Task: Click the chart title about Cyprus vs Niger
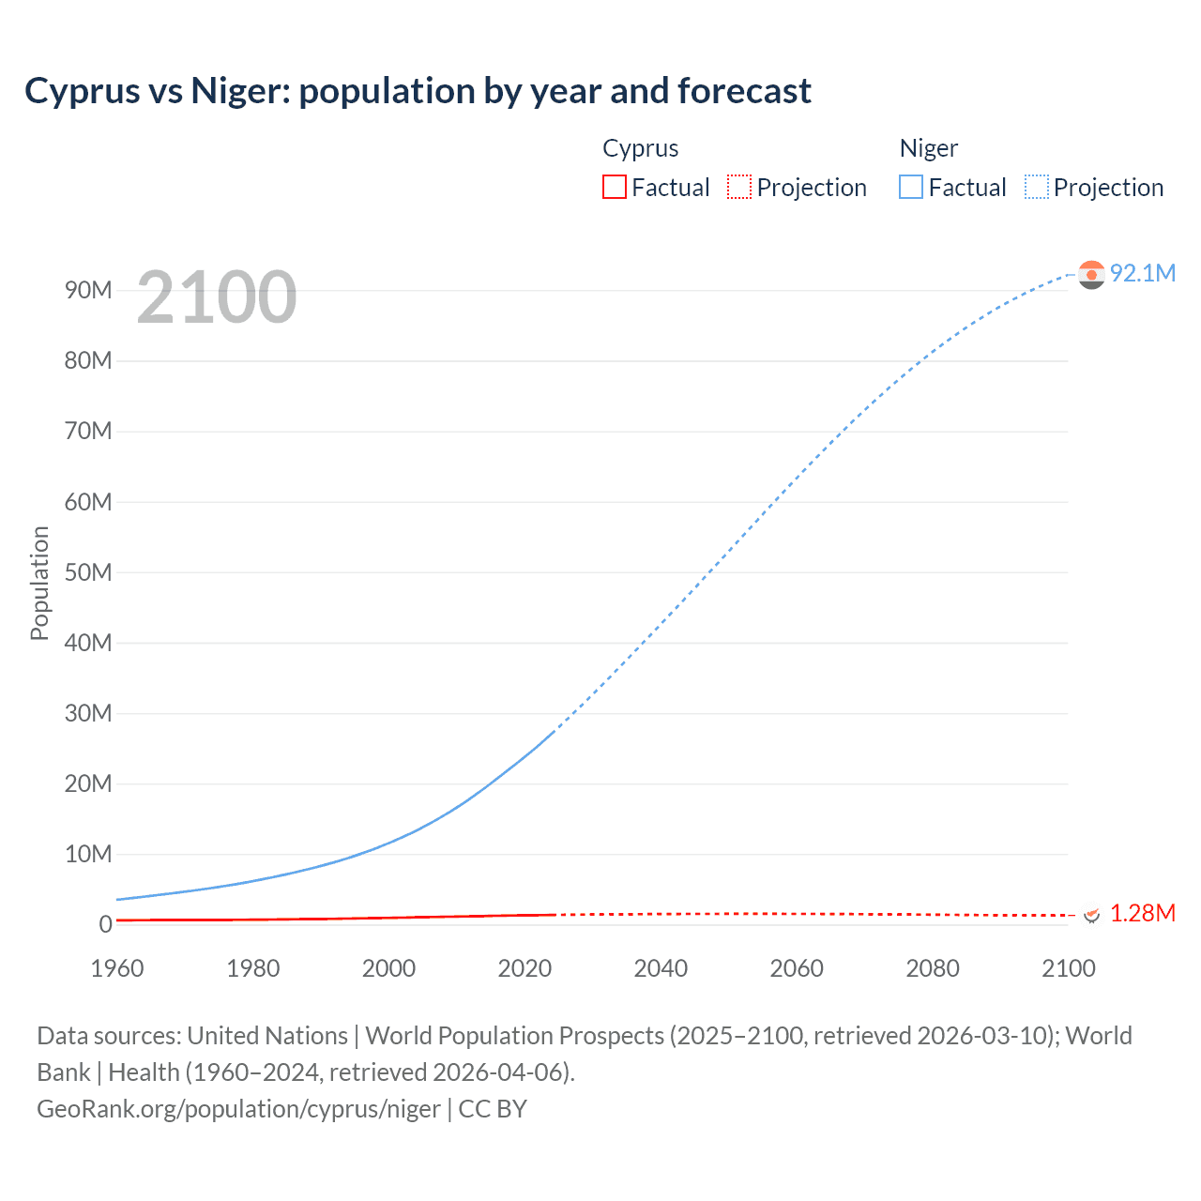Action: pos(418,91)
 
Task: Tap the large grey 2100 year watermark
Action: pos(217,297)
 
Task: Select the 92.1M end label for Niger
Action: pos(1142,273)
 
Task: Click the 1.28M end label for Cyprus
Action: pos(1142,913)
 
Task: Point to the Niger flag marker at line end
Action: pos(1091,274)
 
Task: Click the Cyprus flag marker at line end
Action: pos(1091,914)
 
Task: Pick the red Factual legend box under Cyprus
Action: pos(615,187)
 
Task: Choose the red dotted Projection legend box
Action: pos(739,187)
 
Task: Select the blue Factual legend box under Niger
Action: pos(911,187)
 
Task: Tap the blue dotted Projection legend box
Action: pos(1037,187)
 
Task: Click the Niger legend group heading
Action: pos(928,148)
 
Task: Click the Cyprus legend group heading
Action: pos(640,148)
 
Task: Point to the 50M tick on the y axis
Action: pos(88,572)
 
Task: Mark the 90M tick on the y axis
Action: pos(88,290)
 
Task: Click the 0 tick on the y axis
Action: pos(105,924)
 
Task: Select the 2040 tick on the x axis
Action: pos(661,968)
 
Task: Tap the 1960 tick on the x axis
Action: pos(117,968)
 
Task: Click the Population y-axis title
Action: pos(39,583)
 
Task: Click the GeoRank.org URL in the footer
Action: pos(238,1109)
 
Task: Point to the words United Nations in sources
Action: pos(267,1036)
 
